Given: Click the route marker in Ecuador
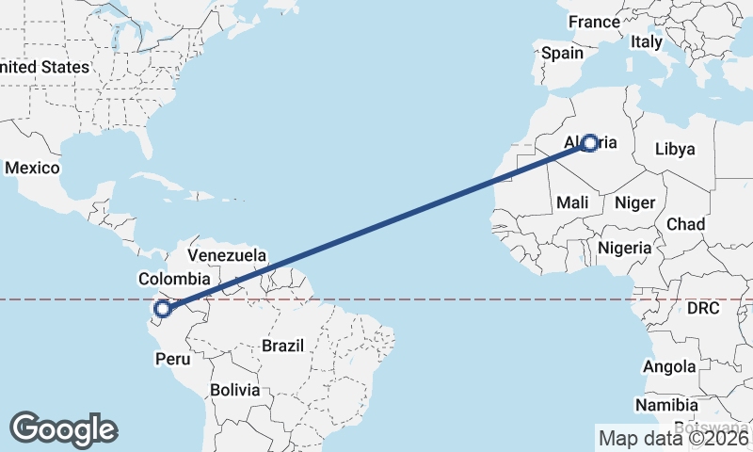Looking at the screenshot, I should point(163,308).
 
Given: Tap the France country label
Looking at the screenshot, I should point(594,22).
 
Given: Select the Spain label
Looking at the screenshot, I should point(562,54).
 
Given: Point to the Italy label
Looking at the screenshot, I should point(647,41).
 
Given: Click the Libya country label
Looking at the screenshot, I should point(674,149).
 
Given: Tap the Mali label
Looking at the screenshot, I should point(572,202).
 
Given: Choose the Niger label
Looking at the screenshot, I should point(633,202).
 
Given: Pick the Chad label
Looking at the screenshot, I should point(685,223).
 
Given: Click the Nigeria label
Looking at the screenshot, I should point(625,248).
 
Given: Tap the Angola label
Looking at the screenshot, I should point(669,366).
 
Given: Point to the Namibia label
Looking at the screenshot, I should point(666,405).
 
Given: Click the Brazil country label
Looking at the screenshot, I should point(282,346).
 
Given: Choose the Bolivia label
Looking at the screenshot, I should point(234,389).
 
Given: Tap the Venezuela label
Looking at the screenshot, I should point(227,255).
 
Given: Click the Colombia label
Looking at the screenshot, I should point(173,279).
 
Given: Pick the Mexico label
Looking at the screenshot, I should point(32,168).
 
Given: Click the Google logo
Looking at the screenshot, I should point(64,428).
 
